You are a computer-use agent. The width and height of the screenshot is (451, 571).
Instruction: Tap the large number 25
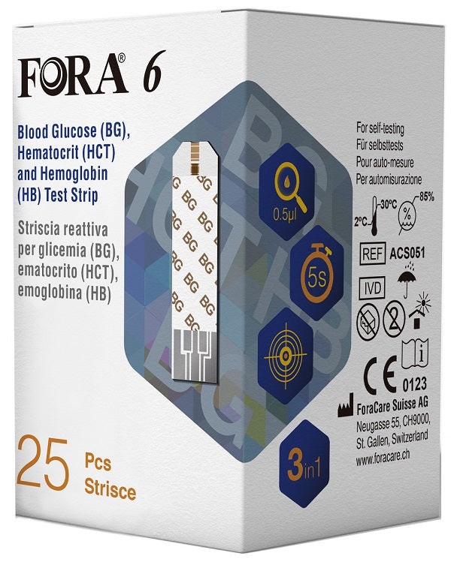pyautogui.click(x=50, y=463)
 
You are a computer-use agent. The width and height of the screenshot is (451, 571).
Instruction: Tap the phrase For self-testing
pyautogui.click(x=380, y=130)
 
